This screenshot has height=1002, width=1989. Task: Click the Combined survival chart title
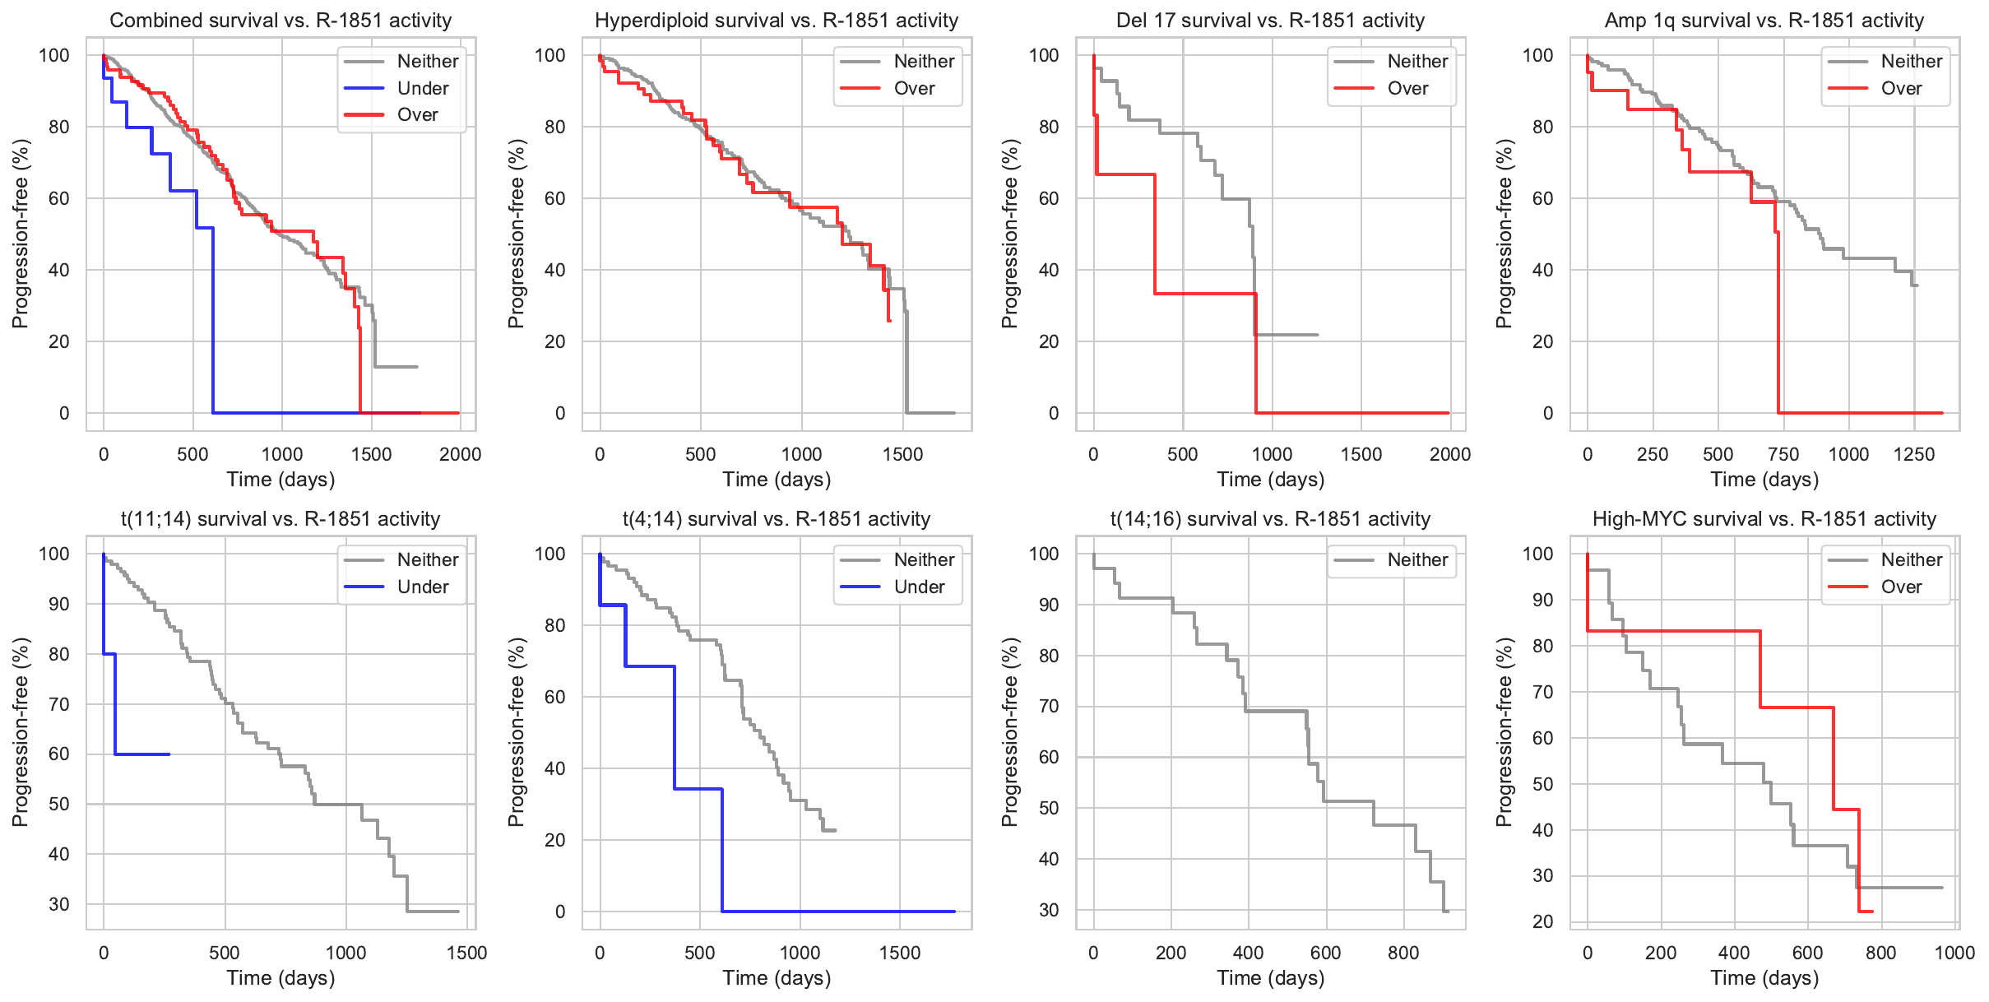pos(280,21)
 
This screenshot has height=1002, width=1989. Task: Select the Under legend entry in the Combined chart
pos(422,88)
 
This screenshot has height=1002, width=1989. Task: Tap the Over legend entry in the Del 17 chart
pos(1407,88)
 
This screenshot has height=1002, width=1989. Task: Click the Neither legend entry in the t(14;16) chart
pos(1416,560)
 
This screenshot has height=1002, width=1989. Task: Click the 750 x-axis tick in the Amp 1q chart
pos(1783,455)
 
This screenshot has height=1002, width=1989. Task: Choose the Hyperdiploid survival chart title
pos(777,21)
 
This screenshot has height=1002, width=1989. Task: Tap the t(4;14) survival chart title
pos(777,519)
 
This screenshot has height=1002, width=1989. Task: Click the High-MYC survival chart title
pos(1764,519)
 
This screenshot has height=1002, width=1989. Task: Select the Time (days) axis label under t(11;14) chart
pos(280,978)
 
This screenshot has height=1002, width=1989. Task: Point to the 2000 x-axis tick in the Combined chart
pos(460,455)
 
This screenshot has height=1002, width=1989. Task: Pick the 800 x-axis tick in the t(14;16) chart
pos(1403,953)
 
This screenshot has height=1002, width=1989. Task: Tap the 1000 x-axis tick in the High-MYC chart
pos(1954,953)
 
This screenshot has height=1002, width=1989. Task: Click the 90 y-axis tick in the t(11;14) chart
pos(59,604)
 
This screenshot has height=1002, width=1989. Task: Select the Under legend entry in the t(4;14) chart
pos(919,587)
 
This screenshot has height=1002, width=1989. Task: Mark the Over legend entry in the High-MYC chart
pos(1901,587)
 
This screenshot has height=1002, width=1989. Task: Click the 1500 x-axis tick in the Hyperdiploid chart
pos(902,455)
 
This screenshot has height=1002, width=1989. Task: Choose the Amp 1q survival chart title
pos(1764,21)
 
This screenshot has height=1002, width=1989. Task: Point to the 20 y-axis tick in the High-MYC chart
pos(1543,922)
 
